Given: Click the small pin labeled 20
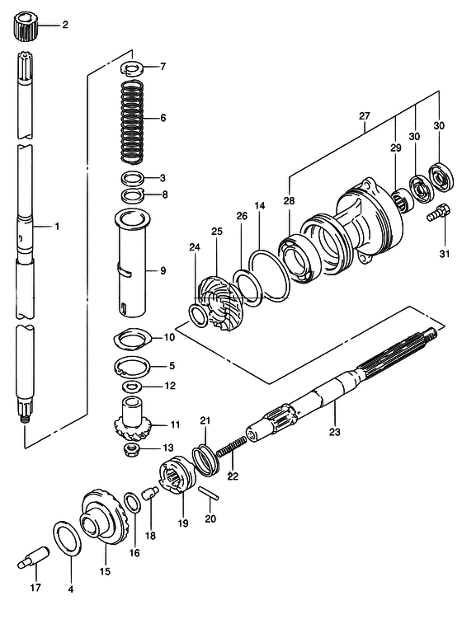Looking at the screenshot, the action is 209,493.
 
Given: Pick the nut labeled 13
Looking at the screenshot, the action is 132,449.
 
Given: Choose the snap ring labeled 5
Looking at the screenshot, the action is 132,366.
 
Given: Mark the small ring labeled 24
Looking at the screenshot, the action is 198,316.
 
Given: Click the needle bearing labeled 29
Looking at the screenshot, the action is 403,200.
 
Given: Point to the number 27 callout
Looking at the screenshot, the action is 365,116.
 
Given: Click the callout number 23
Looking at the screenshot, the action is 335,432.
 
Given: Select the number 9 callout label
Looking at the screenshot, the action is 163,271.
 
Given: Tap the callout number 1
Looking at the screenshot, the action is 57,227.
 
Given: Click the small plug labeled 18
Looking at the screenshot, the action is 151,493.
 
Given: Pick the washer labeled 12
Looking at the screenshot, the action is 132,386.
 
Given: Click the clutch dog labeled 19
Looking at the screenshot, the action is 177,475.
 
